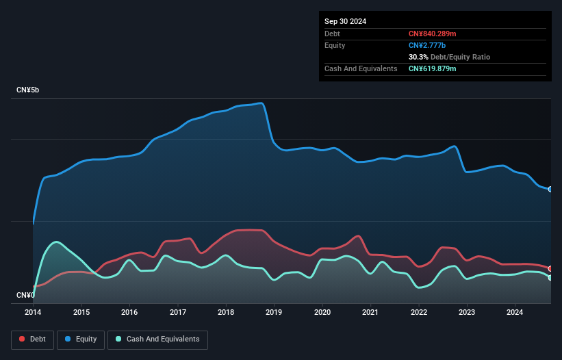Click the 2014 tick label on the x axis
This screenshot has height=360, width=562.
point(33,313)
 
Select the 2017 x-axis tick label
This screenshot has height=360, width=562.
point(178,313)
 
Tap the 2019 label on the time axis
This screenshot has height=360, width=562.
point(274,313)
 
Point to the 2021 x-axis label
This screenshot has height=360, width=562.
point(371,313)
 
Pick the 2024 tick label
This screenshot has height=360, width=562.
point(515,313)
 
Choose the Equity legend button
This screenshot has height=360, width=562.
point(81,339)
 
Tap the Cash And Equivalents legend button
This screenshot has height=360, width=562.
point(157,339)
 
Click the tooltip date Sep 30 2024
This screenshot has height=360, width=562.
point(345,21)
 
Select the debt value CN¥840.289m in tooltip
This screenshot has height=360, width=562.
point(433,34)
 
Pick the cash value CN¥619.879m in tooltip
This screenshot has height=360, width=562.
point(433,68)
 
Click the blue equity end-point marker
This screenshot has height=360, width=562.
point(550,189)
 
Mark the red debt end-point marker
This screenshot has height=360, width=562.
point(550,268)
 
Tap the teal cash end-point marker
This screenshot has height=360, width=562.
point(550,277)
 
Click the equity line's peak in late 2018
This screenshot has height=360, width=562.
point(261,103)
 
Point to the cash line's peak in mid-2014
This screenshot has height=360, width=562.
point(56,242)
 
